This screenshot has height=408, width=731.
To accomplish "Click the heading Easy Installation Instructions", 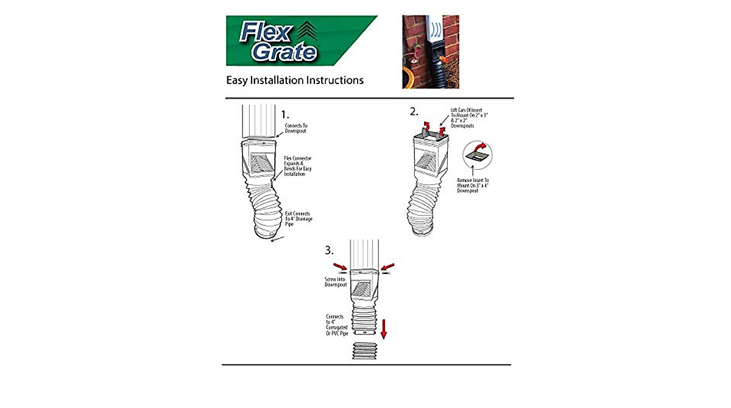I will [x=295, y=80].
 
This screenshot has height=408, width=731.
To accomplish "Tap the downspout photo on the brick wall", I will [x=430, y=52].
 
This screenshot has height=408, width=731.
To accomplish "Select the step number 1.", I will [x=285, y=114].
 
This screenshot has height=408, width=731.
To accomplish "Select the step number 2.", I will [x=414, y=111].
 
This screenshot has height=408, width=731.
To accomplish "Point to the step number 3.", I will [x=330, y=250].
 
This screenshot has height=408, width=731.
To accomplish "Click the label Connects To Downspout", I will [x=297, y=128].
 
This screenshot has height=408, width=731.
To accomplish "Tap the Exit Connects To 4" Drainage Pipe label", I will [x=300, y=219].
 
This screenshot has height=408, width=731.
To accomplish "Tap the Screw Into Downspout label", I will [x=335, y=281].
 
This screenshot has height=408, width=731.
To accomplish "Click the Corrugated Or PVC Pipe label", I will [x=336, y=327].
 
